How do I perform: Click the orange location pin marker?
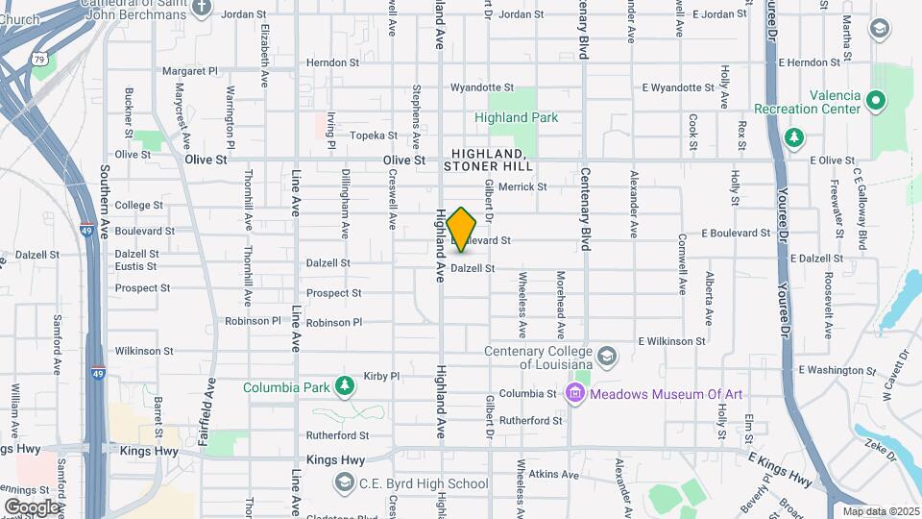tap(462, 230)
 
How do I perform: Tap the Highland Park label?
tap(516, 117)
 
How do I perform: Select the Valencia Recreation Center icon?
tap(875, 99)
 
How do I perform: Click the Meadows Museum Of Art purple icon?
tap(575, 393)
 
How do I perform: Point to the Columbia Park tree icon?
tap(345, 387)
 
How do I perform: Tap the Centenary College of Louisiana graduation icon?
tap(607, 357)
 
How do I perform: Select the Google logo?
tap(32, 507)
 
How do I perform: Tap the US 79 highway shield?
tap(39, 60)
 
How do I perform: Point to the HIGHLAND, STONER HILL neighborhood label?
tap(488, 161)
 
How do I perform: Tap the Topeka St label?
tap(374, 136)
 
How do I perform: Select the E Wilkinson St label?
tap(671, 341)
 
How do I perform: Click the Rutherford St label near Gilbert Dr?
tap(530, 420)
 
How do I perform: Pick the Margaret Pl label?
tap(190, 71)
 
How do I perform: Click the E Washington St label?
tap(832, 370)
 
